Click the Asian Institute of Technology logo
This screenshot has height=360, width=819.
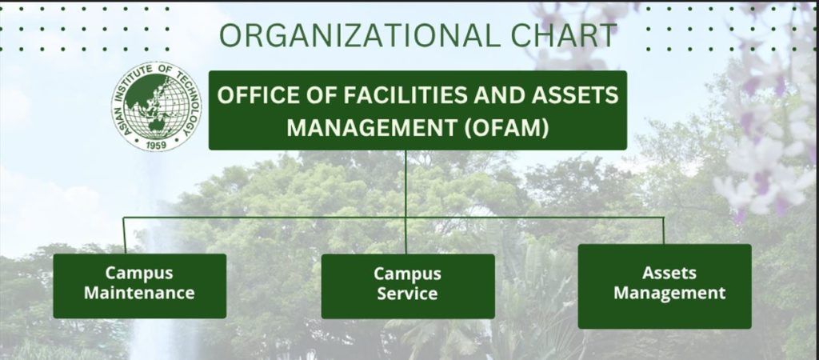(156, 106)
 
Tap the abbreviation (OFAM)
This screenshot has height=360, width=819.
(506, 127)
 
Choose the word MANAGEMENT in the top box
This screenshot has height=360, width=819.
(373, 127)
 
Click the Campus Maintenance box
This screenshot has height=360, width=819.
(139, 286)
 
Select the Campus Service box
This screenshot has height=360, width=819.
(408, 286)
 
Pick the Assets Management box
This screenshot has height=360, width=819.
(665, 286)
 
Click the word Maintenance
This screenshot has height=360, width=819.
(139, 293)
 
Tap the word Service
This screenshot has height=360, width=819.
(407, 293)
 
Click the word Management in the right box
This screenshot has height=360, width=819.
(669, 293)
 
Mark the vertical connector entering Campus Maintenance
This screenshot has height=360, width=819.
(124, 236)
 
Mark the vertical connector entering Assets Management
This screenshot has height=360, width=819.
(663, 230)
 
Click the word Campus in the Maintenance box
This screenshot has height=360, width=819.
(139, 273)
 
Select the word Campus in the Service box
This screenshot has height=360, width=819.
(407, 274)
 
